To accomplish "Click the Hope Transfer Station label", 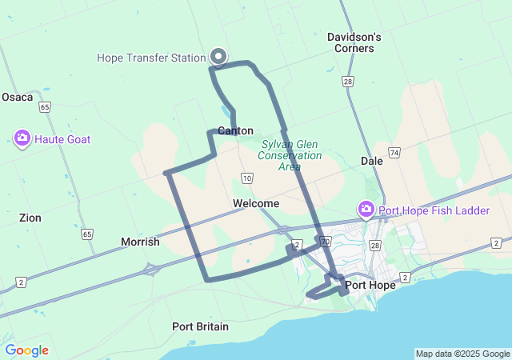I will (x=151, y=58).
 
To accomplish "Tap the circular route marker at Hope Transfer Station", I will (x=218, y=56).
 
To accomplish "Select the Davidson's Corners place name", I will (x=354, y=42).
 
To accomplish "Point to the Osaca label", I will (x=18, y=97).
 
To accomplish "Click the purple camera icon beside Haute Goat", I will (x=22, y=138).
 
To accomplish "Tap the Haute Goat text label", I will (x=62, y=139).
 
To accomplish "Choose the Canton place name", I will (x=235, y=130).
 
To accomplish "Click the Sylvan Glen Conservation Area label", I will (x=291, y=155).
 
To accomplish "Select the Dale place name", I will (x=372, y=161).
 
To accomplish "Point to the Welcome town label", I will (x=256, y=204).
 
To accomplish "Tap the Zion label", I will (x=30, y=218).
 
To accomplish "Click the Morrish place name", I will (x=140, y=242).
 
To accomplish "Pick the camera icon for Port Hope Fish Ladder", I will (x=366, y=210).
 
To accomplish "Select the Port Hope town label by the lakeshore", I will (x=370, y=286).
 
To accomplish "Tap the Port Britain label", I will (x=200, y=326).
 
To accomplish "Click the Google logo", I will (x=26, y=350).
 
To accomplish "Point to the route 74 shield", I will (x=394, y=152).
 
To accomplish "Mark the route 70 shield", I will (x=324, y=241).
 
